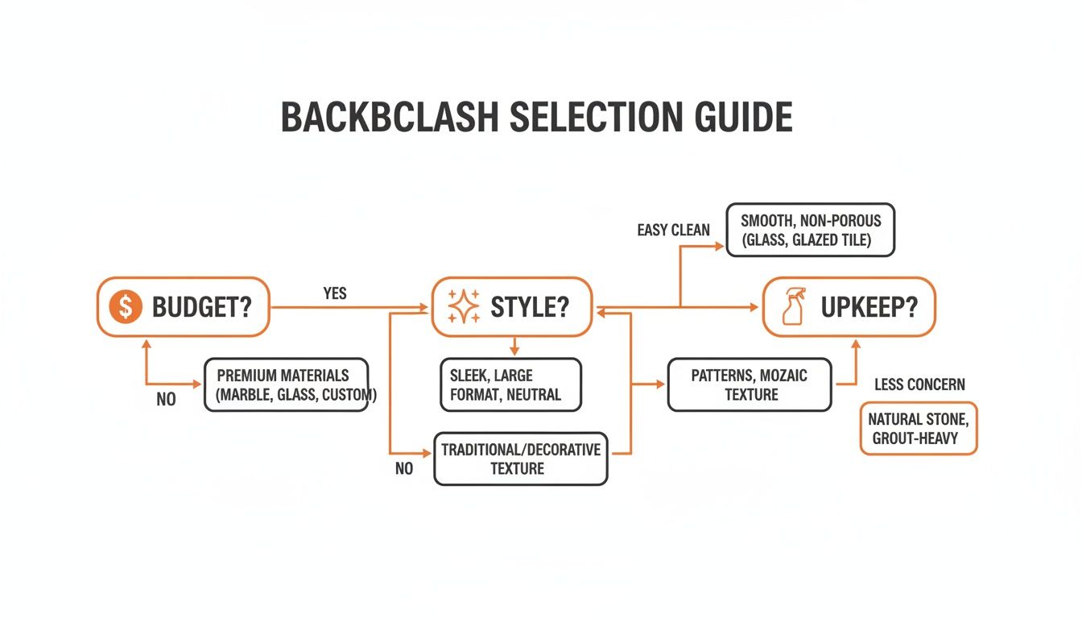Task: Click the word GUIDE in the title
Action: tap(742, 118)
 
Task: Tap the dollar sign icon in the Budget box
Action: tap(124, 307)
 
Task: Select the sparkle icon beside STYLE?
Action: tap(463, 307)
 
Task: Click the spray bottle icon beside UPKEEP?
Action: tap(794, 307)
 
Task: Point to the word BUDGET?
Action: tap(201, 307)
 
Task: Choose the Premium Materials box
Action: tap(286, 385)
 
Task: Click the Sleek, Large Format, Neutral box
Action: tap(510, 385)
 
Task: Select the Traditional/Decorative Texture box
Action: tap(520, 459)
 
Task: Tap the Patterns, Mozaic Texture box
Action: tap(749, 384)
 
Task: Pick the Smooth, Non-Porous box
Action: tap(810, 230)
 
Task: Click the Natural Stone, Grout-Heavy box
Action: tap(918, 429)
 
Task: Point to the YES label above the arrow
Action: tap(335, 293)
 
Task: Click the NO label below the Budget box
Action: tap(166, 400)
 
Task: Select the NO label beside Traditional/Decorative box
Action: tap(404, 468)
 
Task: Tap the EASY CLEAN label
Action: tap(673, 231)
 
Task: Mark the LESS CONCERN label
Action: tap(919, 384)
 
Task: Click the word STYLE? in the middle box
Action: tap(531, 307)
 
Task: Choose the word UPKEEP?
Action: tap(869, 307)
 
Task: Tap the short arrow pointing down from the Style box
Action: tap(514, 347)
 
